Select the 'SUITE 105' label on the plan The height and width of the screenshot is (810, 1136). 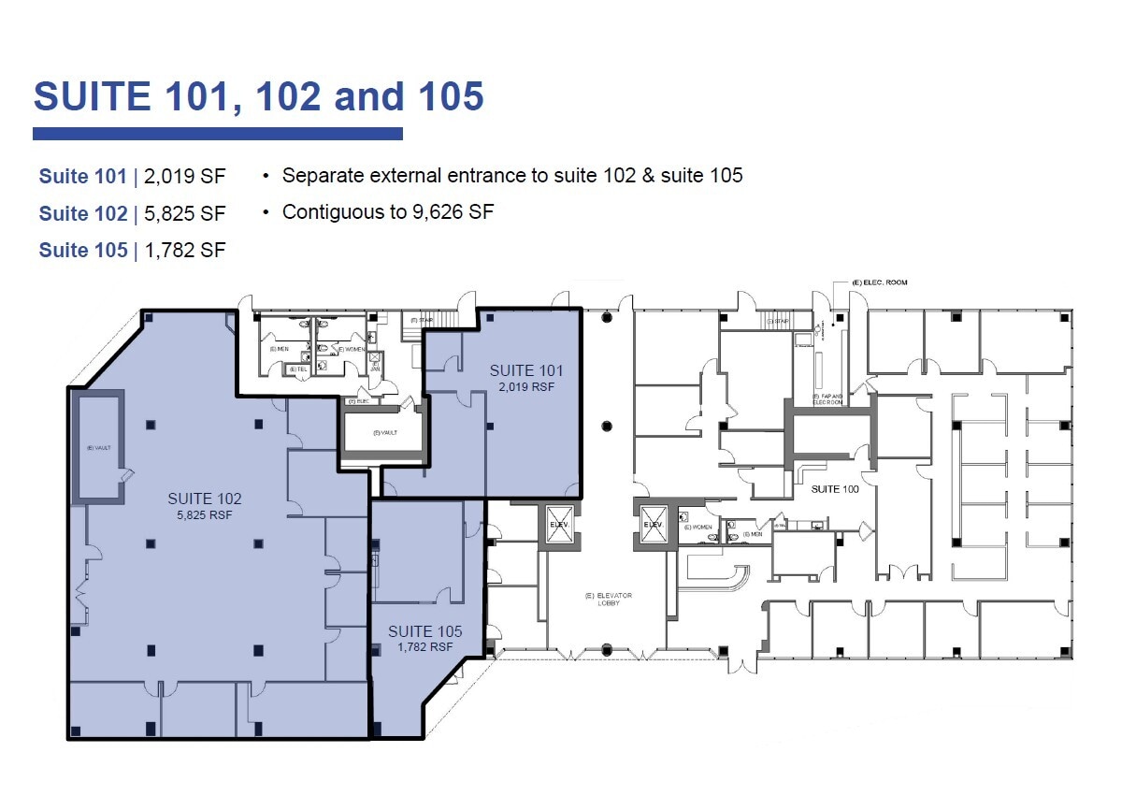[425, 631]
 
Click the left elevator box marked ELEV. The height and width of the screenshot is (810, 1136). [558, 524]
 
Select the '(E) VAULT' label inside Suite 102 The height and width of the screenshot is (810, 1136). [96, 448]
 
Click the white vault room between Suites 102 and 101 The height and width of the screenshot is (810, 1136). [384, 433]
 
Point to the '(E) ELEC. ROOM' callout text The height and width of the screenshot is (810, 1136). [879, 282]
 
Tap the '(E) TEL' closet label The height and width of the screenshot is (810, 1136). [298, 369]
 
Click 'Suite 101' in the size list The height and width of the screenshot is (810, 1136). [82, 177]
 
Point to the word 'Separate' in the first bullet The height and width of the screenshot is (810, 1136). [320, 176]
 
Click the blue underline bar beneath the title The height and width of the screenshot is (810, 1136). [217, 134]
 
